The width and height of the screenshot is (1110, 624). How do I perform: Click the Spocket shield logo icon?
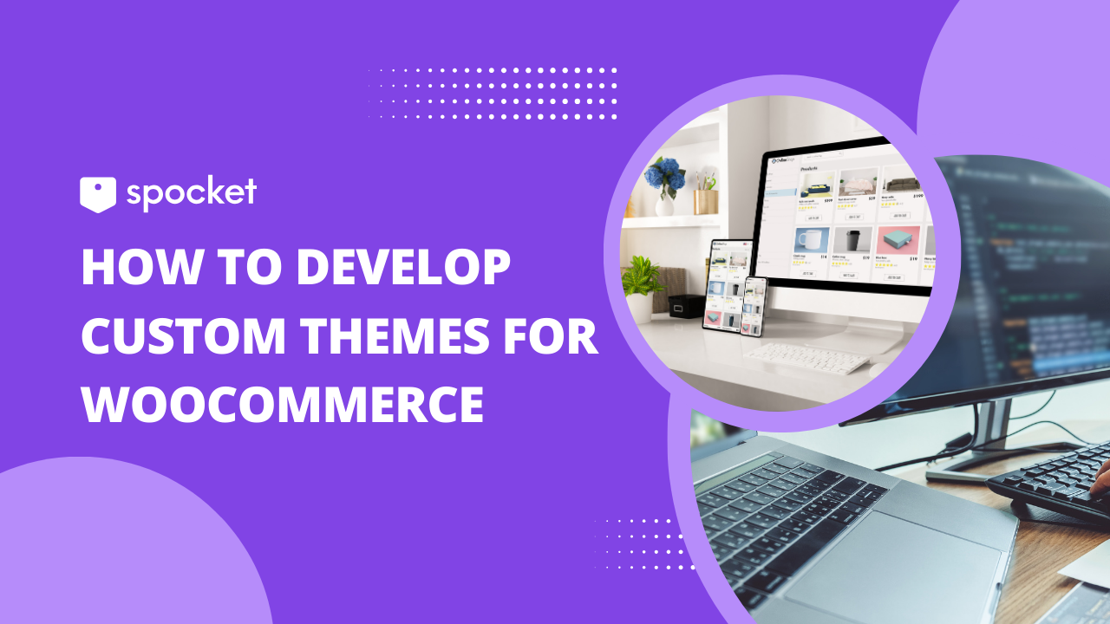tap(98, 194)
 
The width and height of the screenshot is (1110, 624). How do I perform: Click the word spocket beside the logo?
tap(191, 193)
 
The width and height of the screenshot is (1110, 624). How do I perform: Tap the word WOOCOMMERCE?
tap(283, 405)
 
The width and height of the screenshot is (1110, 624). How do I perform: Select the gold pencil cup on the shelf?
tap(705, 201)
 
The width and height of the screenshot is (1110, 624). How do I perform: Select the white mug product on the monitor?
tap(812, 241)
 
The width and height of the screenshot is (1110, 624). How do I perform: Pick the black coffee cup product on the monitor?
tap(853, 241)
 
